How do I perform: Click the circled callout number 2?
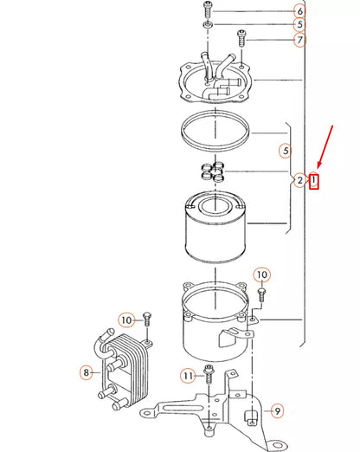pos(299,180)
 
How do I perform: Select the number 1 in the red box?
pos(315,181)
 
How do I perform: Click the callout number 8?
pos(86,372)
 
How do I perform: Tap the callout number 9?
pos(277,410)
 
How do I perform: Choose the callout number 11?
pos(188,375)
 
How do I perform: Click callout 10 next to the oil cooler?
pos(125,320)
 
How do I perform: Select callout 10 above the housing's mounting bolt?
pos(261,275)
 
